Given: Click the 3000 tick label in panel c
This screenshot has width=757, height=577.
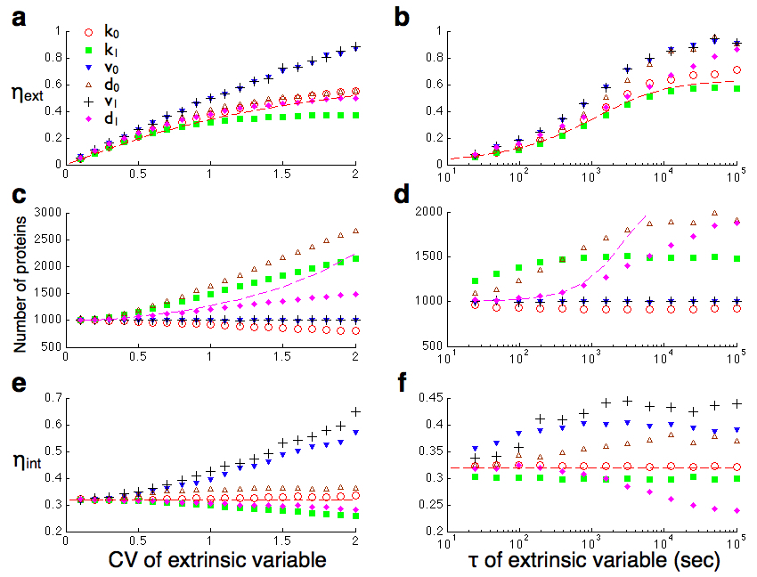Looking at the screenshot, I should [45, 213].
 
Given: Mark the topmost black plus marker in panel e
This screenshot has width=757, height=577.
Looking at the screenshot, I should [356, 411].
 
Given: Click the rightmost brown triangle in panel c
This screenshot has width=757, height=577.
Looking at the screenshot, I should [356, 229].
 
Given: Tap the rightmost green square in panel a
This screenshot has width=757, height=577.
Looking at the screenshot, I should [356, 115].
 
